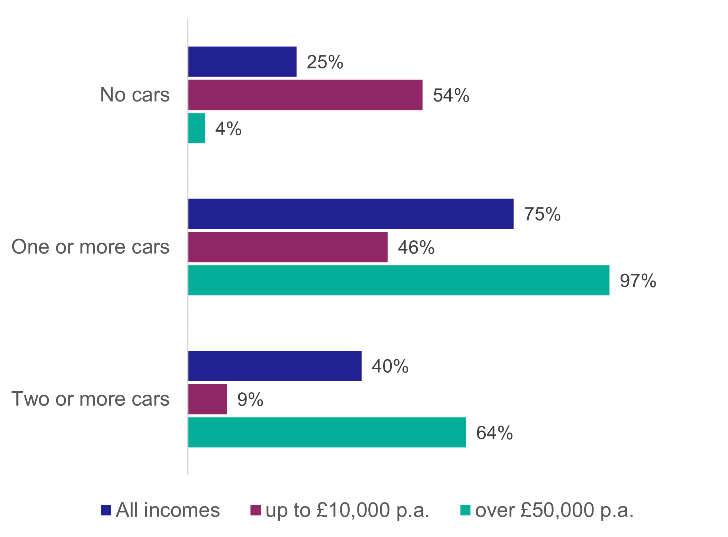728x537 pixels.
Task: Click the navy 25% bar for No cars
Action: (242, 62)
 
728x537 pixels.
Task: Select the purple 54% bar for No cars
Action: (305, 95)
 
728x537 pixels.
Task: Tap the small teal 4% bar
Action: (197, 128)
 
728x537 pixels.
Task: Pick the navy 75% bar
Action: (351, 214)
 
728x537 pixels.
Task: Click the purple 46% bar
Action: (288, 247)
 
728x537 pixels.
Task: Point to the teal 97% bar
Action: (399, 280)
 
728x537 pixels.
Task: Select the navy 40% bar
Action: (275, 366)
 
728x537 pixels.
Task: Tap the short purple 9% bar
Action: (207, 399)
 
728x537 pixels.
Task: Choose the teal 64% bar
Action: (327, 433)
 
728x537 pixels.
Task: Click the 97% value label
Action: (638, 281)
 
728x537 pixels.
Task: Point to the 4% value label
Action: (228, 129)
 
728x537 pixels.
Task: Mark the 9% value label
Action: (250, 400)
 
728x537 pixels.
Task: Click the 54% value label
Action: (451, 96)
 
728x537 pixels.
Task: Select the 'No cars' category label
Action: (135, 95)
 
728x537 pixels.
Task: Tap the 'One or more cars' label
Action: (90, 247)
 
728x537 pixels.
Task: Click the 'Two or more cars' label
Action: (90, 399)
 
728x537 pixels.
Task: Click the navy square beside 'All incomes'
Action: (106, 510)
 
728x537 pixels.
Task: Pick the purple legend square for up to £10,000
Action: (256, 510)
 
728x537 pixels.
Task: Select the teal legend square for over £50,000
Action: (465, 510)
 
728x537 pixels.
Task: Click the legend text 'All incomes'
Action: (168, 510)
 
